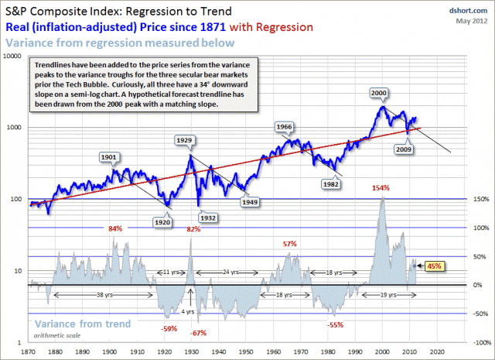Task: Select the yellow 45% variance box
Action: click(x=434, y=266)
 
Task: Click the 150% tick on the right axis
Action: click(x=480, y=199)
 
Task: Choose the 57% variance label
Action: click(x=290, y=244)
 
